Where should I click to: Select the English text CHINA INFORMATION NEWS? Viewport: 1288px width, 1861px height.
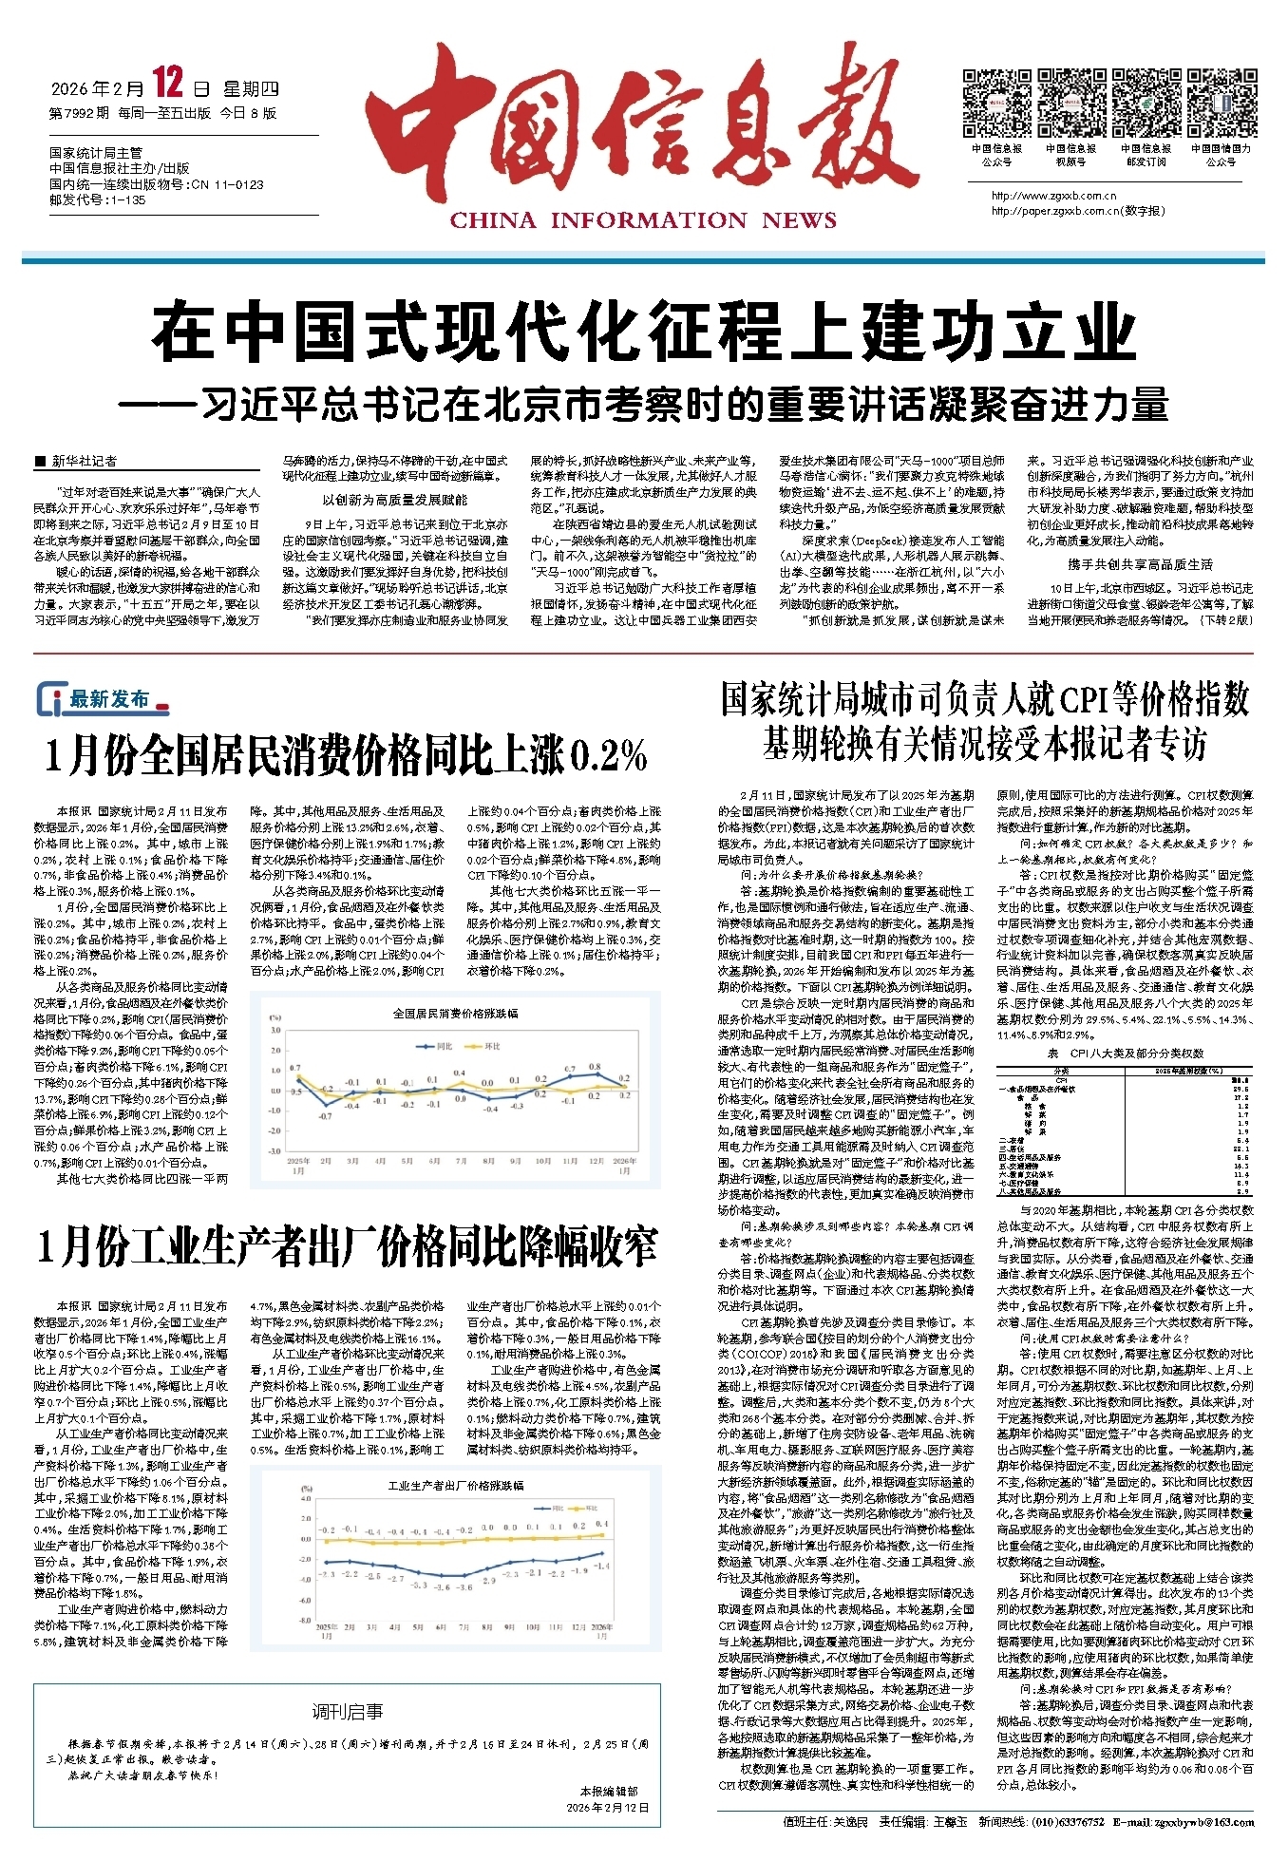[643, 221]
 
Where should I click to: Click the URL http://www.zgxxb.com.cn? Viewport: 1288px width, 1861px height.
[1053, 197]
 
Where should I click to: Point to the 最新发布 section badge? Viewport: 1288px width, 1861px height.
[103, 699]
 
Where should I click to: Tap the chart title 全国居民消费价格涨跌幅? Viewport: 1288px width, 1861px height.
[456, 1013]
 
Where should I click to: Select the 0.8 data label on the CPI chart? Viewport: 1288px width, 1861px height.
[596, 1067]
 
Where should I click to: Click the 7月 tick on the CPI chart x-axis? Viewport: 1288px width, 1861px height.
[462, 1161]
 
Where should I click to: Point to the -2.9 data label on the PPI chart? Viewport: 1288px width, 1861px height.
[488, 1581]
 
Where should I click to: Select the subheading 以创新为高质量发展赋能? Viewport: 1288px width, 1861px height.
[394, 500]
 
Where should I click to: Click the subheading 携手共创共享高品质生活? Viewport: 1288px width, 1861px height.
[1139, 564]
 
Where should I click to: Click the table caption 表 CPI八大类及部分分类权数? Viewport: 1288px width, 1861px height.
[1125, 1053]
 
